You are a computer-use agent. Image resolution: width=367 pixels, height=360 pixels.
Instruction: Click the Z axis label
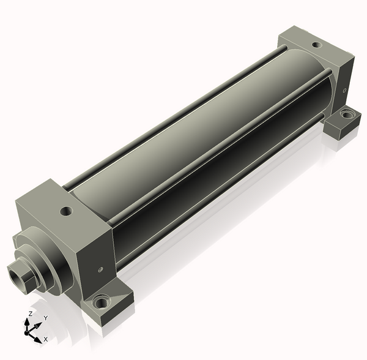pos(30,314)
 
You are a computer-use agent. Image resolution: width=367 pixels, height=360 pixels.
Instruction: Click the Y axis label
pos(46,318)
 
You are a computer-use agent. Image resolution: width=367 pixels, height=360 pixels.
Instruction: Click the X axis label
pos(46,339)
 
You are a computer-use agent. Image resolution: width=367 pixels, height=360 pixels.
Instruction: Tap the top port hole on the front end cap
pos(66,211)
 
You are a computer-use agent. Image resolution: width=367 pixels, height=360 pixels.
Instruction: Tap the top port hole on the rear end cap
pos(317,45)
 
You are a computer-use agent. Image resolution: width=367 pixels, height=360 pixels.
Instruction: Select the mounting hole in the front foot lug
pos(102,302)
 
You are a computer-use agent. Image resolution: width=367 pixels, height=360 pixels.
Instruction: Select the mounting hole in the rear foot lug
pos(347,114)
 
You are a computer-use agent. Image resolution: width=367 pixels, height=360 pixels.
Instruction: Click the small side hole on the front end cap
pos(101,269)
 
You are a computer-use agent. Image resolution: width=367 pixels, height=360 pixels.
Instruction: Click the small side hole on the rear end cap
pos(344,90)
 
